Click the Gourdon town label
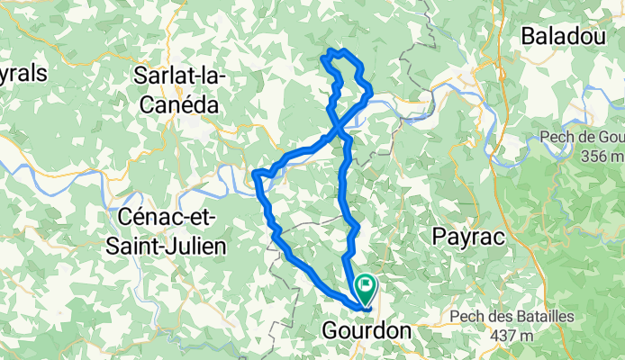[x=366, y=331]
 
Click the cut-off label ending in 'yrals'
[x=23, y=75]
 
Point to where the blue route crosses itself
[x=340, y=132]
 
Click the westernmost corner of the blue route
[x=256, y=173]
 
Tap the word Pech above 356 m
[x=557, y=137]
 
